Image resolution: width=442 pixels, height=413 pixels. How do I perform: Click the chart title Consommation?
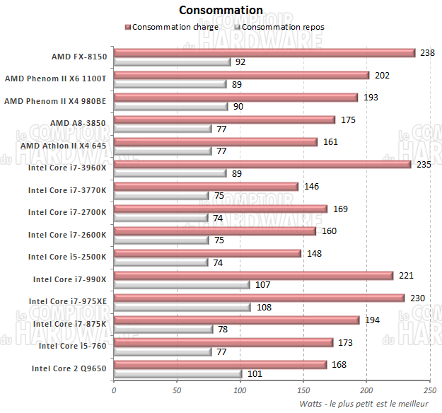(x=221, y=10)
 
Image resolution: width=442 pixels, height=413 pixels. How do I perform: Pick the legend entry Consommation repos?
(x=282, y=27)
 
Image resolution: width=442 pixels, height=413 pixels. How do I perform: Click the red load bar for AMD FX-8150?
(x=264, y=52)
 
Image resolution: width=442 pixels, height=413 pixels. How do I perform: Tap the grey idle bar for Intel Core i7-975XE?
(x=182, y=308)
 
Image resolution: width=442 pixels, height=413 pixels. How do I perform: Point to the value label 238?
(x=426, y=52)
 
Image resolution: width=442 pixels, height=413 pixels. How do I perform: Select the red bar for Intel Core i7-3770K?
(x=206, y=187)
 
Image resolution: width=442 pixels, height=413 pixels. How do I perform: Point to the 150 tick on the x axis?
(x=303, y=388)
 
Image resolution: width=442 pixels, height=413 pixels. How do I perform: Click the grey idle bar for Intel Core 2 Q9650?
(x=178, y=374)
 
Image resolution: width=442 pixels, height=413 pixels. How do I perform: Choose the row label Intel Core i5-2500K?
(x=67, y=257)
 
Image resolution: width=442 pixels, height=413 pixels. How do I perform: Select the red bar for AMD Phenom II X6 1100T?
(x=241, y=75)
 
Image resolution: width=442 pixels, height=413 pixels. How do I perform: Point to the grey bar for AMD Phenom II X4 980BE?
(x=170, y=107)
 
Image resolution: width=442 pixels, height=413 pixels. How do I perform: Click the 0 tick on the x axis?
(x=114, y=388)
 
